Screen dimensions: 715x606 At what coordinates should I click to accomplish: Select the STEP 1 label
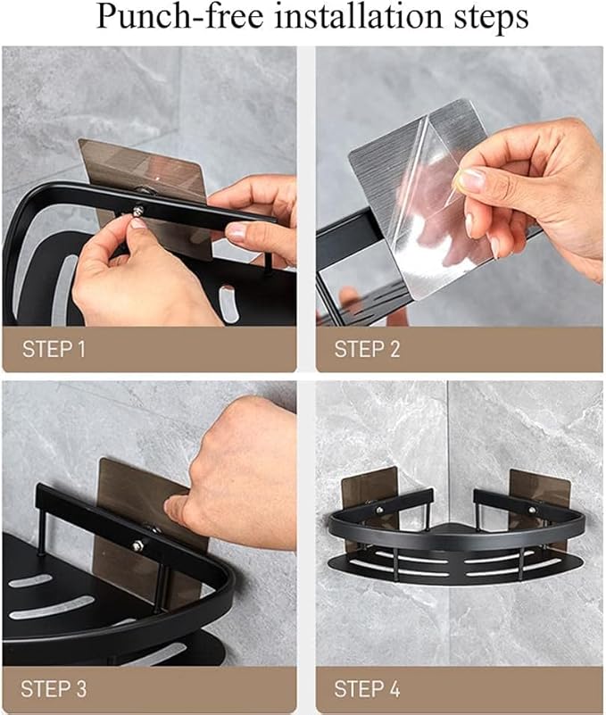click(53, 349)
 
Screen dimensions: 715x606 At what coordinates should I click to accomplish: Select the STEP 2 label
click(367, 349)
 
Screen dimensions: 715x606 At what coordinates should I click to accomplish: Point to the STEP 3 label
click(53, 688)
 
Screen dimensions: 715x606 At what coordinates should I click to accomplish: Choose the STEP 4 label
click(367, 688)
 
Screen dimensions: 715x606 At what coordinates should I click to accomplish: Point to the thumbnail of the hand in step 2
click(473, 179)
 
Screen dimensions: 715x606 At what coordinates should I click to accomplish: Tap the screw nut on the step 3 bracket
click(139, 545)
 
